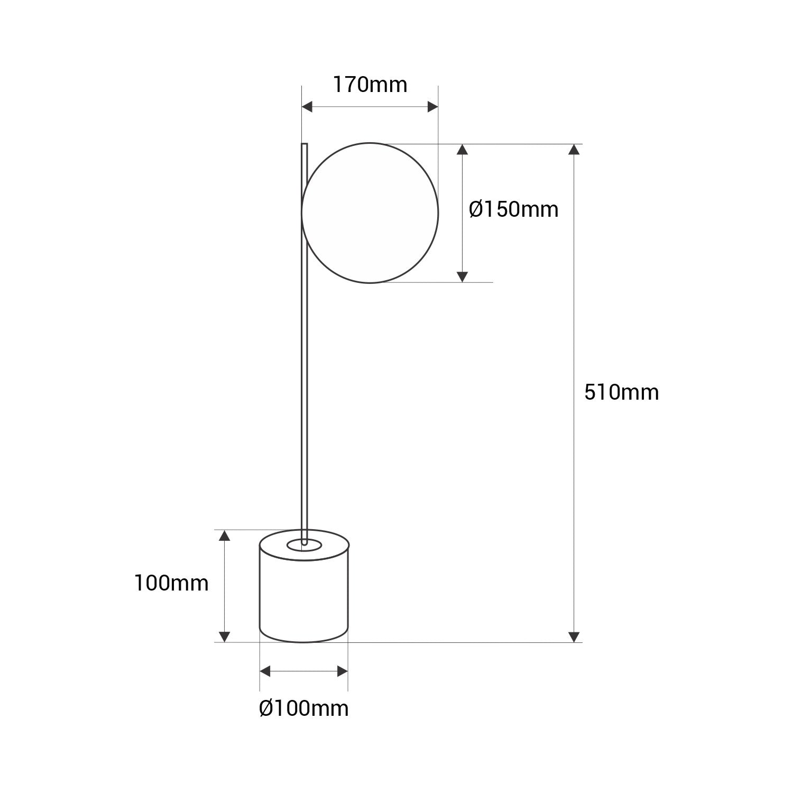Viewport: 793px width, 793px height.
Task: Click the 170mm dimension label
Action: coord(370,85)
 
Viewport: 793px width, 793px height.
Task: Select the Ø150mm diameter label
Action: coord(513,209)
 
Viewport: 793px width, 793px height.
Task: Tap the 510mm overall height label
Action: coord(621,392)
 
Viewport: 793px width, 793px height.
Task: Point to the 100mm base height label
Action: coord(171,584)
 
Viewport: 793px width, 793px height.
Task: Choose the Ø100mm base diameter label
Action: coord(303,708)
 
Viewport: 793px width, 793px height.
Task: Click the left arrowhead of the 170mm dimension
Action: coord(307,107)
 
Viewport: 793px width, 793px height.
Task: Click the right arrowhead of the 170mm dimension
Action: coord(432,107)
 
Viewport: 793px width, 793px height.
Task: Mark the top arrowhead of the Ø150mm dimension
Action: coord(462,149)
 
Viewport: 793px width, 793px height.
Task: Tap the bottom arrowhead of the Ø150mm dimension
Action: coord(462,276)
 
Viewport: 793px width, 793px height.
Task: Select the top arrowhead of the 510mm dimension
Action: coord(574,149)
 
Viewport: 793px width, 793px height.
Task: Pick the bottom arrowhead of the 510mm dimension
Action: coord(574,637)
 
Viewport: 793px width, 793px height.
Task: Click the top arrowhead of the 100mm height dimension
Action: coord(225,536)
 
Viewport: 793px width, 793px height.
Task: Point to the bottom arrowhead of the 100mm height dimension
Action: coord(225,637)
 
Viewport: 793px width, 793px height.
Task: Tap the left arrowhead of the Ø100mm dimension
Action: coord(265,671)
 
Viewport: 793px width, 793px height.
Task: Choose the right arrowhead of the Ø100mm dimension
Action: coord(342,671)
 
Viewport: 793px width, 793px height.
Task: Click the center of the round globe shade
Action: coord(370,213)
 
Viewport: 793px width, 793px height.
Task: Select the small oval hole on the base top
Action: coord(304,546)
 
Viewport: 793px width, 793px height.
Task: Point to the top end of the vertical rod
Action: coord(304,145)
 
